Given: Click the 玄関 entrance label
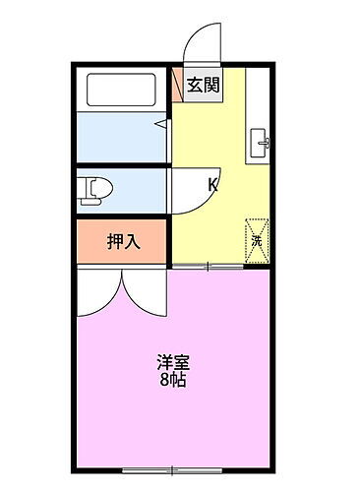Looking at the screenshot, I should tap(204, 84).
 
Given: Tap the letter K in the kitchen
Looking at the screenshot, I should tap(212, 183).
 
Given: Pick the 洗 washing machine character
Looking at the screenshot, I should tap(256, 239).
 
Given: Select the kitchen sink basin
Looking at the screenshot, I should tap(261, 141).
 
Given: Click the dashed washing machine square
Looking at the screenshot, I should tap(257, 240).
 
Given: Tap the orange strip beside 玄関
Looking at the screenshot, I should tap(177, 84).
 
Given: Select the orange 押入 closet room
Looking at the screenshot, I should tap(122, 242).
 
